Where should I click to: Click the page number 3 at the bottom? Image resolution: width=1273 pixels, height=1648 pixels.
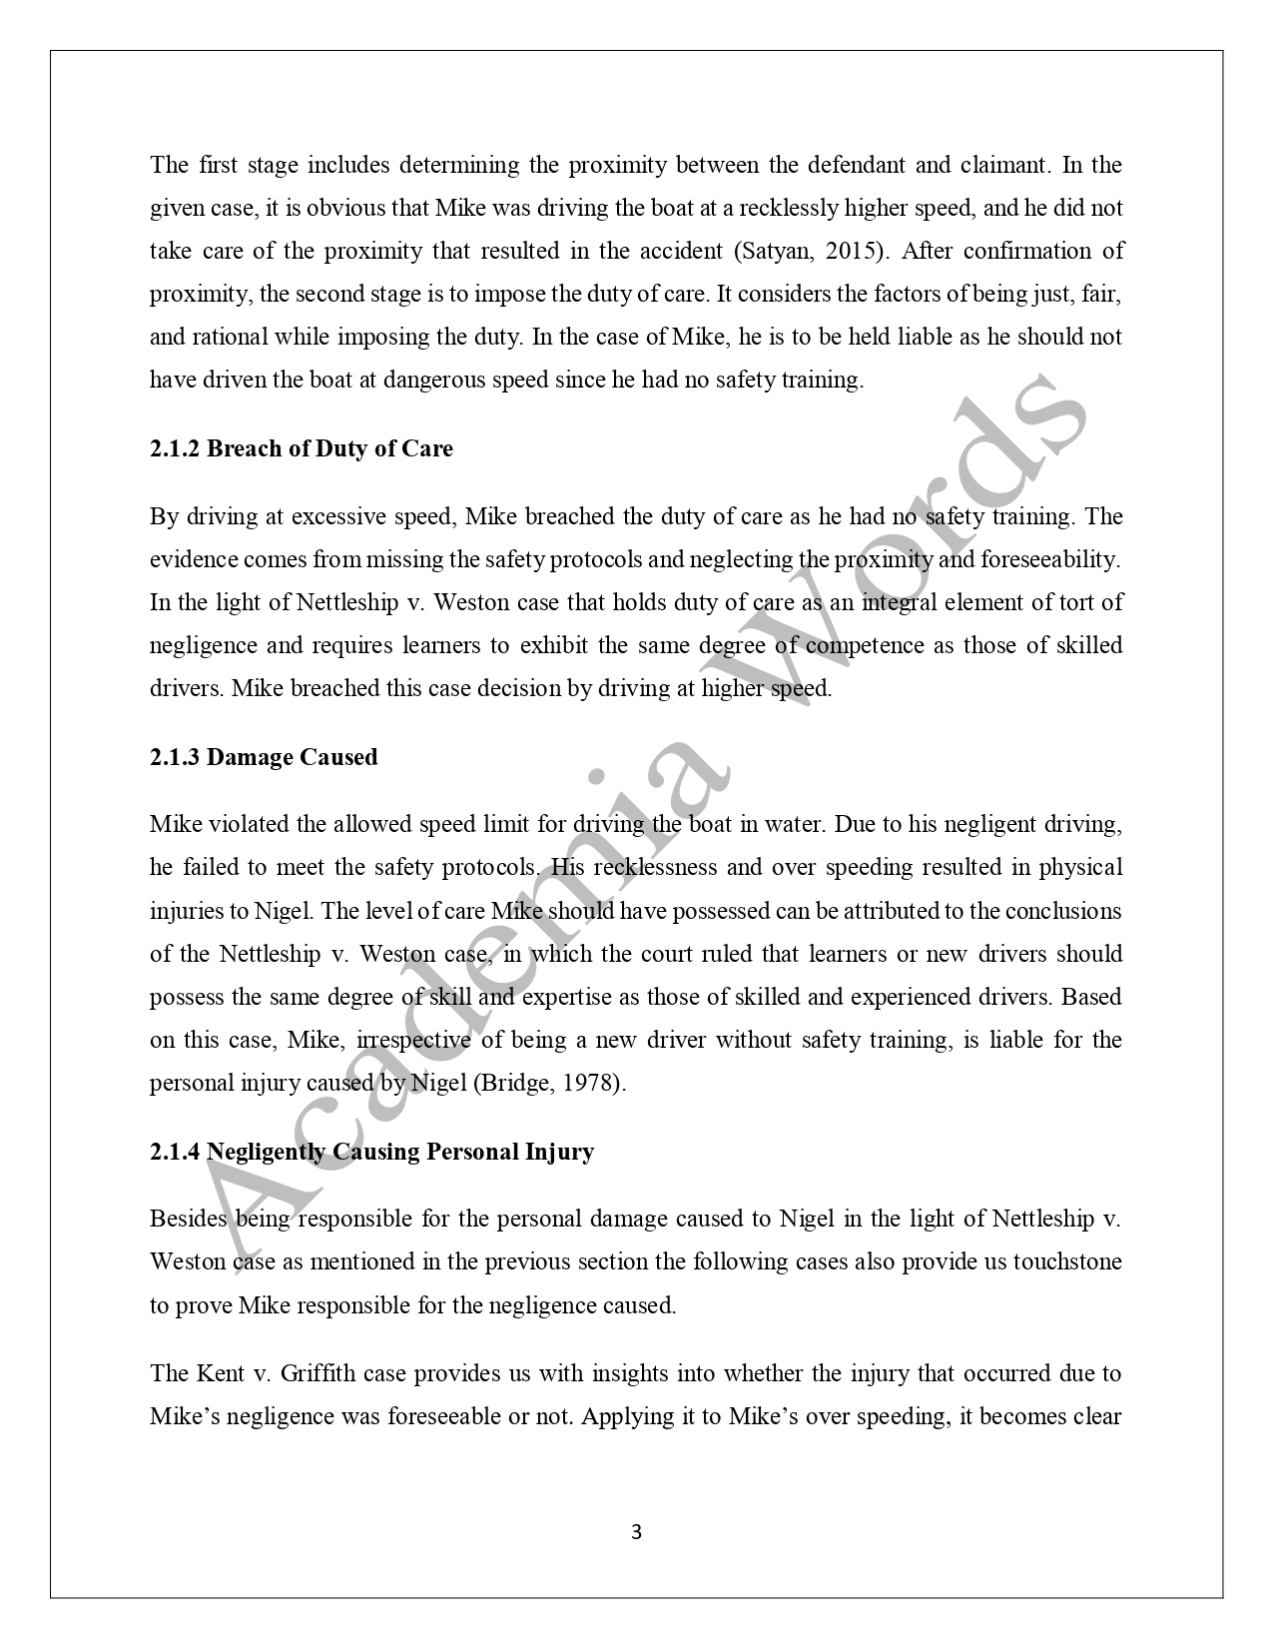637,1532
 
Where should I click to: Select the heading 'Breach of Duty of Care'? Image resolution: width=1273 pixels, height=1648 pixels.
329,448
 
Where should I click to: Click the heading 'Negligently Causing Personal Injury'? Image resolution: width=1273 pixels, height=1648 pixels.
400,1152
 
